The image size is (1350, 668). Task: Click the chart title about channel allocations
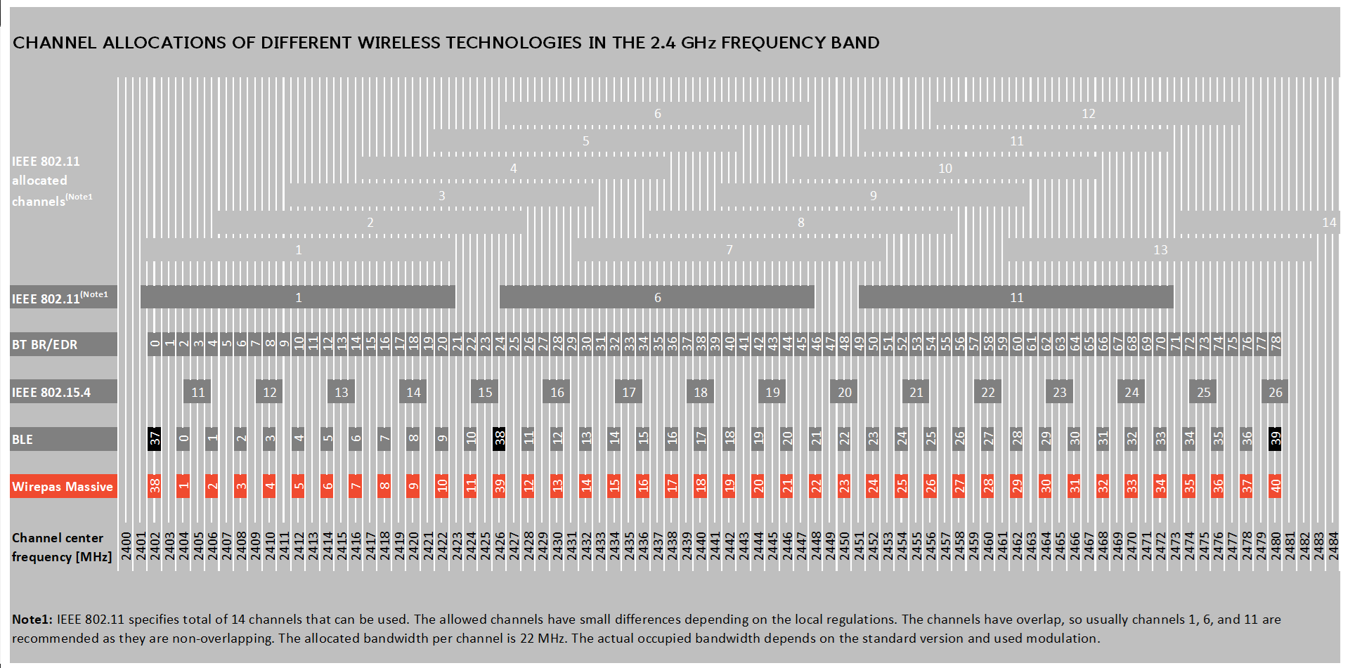point(446,43)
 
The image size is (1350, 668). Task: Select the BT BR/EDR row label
point(45,345)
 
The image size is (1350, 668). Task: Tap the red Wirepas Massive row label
point(63,487)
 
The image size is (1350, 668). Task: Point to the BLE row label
point(22,440)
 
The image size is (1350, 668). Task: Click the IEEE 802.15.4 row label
point(51,393)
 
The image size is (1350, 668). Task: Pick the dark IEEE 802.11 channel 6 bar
point(657,298)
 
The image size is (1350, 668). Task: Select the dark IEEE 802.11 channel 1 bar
point(298,298)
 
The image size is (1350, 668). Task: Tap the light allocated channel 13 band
point(1160,250)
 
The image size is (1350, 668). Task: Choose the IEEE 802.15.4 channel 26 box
point(1276,393)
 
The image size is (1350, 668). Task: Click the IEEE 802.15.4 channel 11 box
point(198,393)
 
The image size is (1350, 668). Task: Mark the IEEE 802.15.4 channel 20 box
point(844,393)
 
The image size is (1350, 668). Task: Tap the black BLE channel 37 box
point(155,440)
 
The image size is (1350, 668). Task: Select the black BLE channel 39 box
point(1275,440)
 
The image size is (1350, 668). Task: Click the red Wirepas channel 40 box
point(1275,485)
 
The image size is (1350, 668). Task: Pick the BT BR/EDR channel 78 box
point(1276,344)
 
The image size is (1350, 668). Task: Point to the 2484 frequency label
point(1333,546)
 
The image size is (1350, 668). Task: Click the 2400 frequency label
point(126,546)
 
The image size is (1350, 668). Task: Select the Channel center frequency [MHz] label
point(61,547)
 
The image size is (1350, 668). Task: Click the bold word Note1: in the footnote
point(32,620)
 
